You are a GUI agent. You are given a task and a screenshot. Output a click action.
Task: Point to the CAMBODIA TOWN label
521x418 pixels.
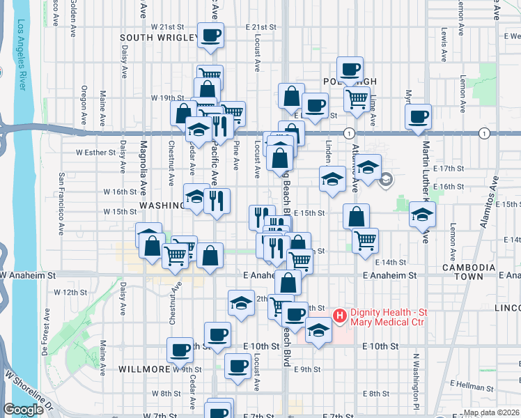pos(470,272)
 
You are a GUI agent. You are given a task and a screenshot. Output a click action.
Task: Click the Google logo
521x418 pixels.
pos(23,410)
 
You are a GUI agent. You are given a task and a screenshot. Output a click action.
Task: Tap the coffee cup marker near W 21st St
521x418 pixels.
pos(210,34)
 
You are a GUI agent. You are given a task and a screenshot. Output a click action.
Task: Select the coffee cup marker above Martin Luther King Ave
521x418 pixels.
pos(418,116)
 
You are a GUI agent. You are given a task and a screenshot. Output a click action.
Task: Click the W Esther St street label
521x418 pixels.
pos(95,151)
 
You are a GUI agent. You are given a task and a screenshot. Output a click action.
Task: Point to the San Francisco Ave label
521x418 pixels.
pos(61,202)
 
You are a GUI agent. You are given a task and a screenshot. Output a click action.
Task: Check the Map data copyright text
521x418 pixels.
pos(491,412)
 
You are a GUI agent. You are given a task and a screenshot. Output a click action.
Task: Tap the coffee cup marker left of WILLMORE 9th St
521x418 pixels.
pos(180,350)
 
